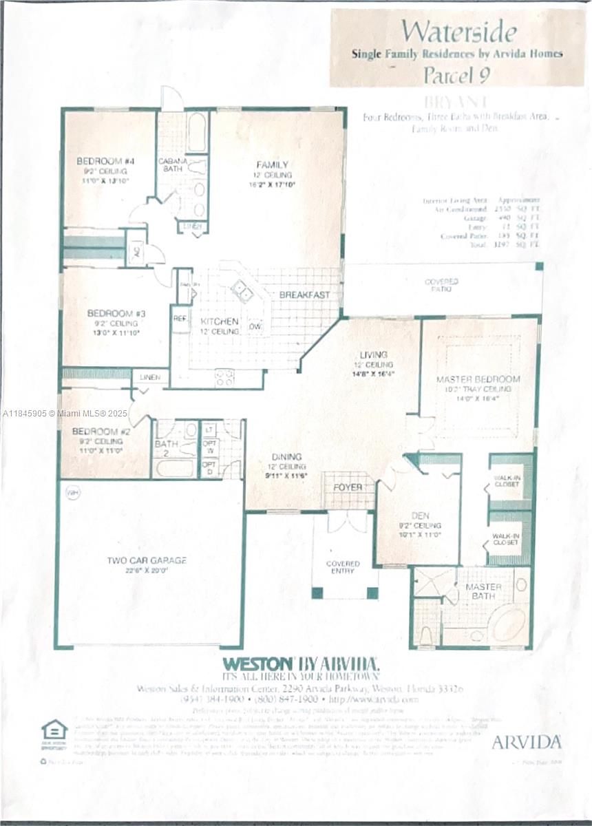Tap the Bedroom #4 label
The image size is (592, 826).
click(105, 161)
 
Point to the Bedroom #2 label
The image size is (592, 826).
click(97, 432)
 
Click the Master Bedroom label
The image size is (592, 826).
click(478, 379)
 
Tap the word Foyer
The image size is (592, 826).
click(348, 487)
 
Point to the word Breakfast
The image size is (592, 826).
click(304, 295)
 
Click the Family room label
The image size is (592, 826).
click(268, 165)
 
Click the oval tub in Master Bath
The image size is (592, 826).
click(507, 624)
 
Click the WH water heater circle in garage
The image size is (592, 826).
click(72, 492)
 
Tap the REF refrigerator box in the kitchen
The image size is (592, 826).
click(180, 319)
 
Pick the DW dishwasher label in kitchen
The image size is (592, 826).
click(255, 326)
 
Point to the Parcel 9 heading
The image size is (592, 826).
click(456, 74)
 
